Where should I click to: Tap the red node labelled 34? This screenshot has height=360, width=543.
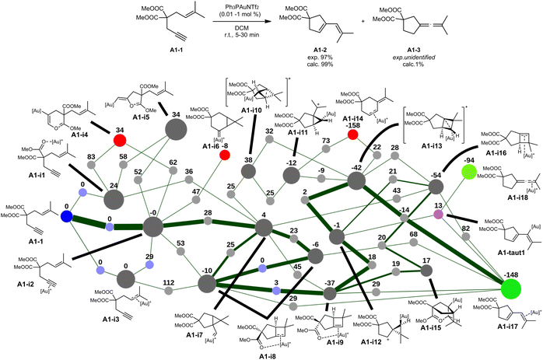120,140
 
